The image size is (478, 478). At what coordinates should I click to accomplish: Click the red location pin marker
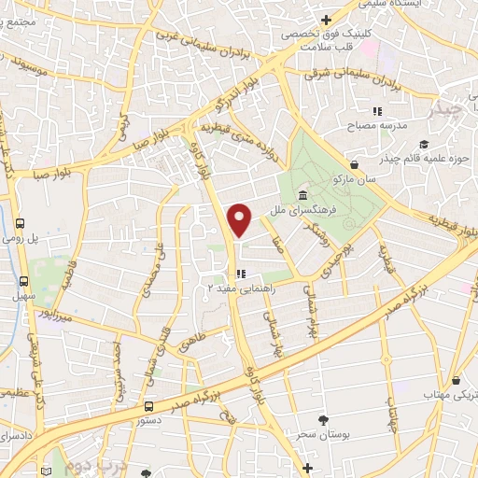tap(241, 219)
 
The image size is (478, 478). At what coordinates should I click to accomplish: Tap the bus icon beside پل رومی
tap(21, 224)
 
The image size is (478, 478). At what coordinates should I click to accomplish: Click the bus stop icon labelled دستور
tap(149, 406)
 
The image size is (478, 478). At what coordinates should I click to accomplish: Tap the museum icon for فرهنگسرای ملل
tap(304, 195)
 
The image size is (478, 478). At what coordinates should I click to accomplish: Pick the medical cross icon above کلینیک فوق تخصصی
tap(325, 20)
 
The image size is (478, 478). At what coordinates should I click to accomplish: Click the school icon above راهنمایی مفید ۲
tap(241, 274)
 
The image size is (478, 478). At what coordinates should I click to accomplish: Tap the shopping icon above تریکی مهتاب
tap(456, 381)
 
